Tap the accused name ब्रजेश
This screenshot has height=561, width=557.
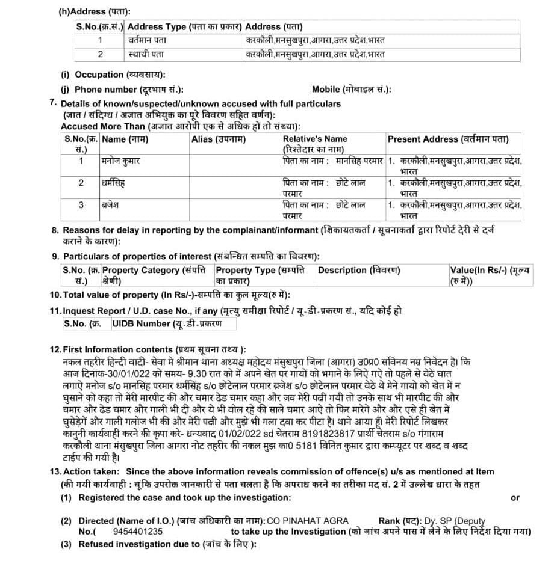tap(111, 204)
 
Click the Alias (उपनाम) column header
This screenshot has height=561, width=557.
tap(219, 139)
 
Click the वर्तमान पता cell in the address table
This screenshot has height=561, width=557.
tap(147, 40)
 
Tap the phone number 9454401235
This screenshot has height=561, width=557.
tap(137, 532)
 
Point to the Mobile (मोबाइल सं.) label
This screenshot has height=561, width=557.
tap(351, 90)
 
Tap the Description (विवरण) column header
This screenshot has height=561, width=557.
tap(358, 271)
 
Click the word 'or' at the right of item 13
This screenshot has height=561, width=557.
tap(515, 498)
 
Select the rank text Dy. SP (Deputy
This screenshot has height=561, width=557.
tap(453, 521)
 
